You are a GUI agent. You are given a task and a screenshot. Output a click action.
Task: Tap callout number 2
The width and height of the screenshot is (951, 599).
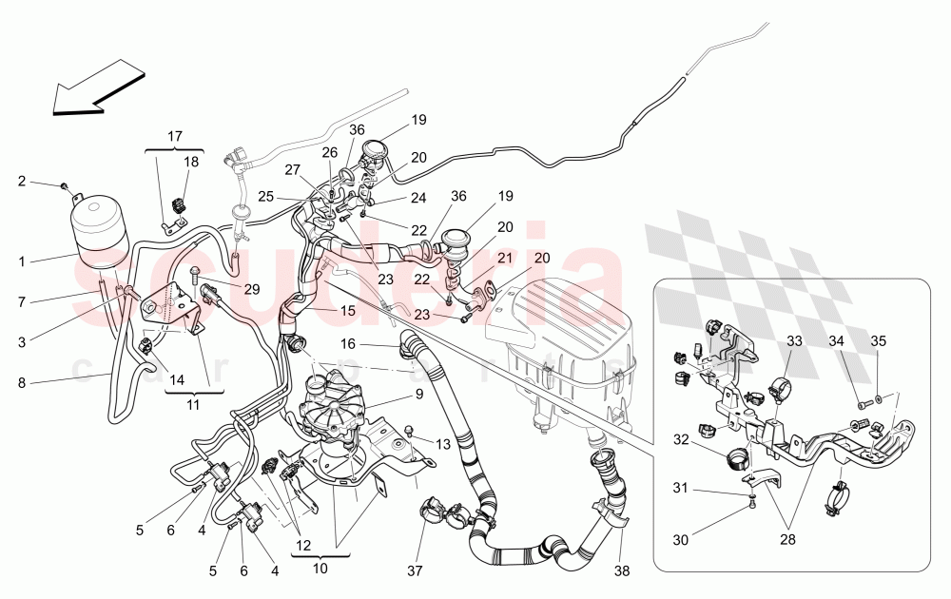[22, 181]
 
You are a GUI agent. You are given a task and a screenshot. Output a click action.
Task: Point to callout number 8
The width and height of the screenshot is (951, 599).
[22, 384]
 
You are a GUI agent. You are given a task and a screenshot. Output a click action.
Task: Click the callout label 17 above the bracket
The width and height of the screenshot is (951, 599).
[176, 136]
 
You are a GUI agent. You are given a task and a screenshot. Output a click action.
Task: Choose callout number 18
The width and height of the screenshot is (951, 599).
[191, 162]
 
